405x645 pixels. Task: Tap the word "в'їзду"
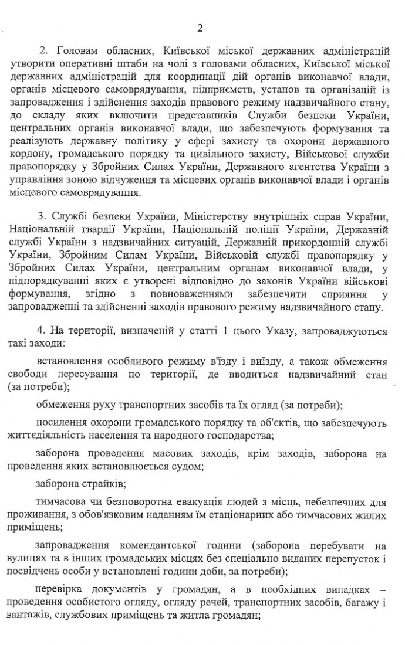222,361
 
